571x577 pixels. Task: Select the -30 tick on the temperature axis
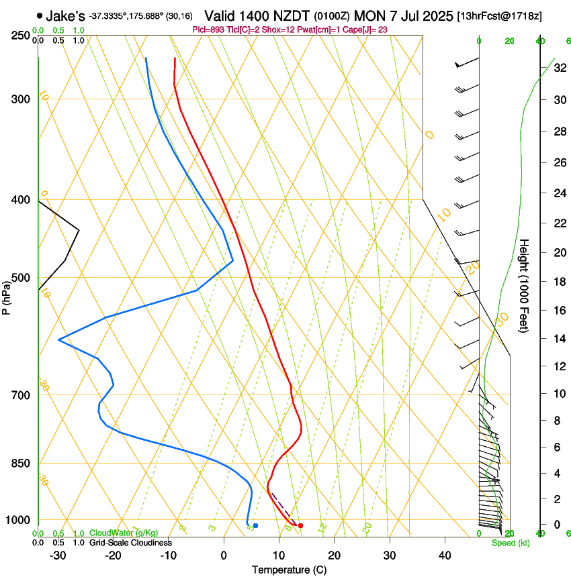(58, 555)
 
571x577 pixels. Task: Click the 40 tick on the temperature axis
(445, 555)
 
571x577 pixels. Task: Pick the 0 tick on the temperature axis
(224, 555)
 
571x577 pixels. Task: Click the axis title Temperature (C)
(289, 570)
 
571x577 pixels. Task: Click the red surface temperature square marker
(300, 525)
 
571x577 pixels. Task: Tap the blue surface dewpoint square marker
(255, 525)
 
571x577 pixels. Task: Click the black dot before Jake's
(40, 15)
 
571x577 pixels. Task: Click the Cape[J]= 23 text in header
(367, 30)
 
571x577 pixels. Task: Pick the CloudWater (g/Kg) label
(124, 533)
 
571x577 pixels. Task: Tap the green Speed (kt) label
(510, 543)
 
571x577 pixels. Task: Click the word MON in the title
(369, 15)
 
